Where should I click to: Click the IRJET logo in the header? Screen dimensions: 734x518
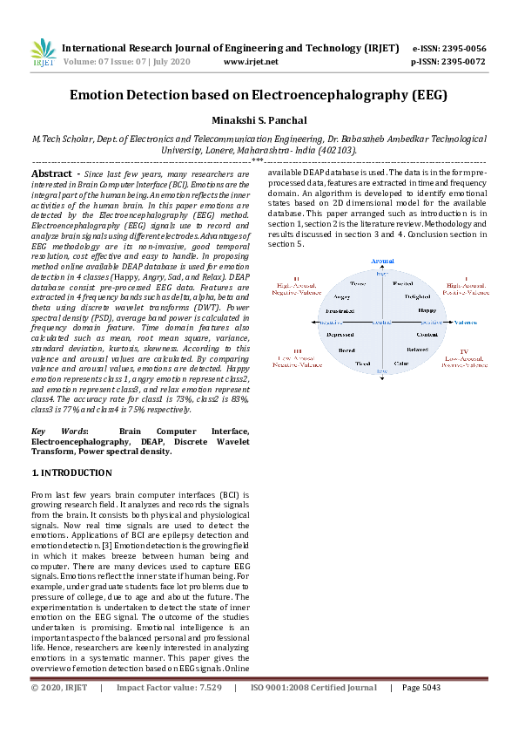43,54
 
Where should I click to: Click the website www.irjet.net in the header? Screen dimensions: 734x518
251,62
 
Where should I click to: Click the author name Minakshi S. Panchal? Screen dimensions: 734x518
259,120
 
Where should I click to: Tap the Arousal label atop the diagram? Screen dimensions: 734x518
382,261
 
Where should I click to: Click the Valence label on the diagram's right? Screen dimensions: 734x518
466,322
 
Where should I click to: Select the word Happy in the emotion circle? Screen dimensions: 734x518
427,309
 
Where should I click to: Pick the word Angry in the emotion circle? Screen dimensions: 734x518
342,296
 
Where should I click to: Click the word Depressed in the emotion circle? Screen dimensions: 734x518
340,335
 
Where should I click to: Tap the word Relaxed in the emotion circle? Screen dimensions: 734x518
417,349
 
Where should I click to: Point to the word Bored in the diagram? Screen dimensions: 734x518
346,350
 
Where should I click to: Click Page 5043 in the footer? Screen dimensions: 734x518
420,688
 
